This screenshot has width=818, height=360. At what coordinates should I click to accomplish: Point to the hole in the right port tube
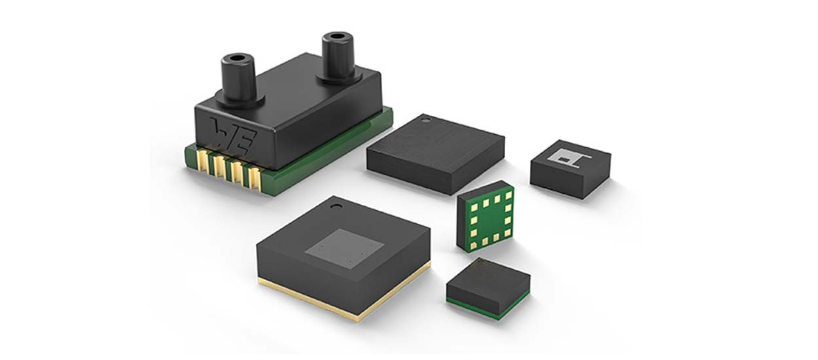pos(338,38)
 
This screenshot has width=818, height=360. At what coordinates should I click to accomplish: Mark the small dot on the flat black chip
pos(426,120)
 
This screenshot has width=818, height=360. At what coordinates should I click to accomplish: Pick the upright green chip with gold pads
pos(485,217)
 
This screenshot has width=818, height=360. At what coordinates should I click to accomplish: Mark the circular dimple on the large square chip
pos(335,209)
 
